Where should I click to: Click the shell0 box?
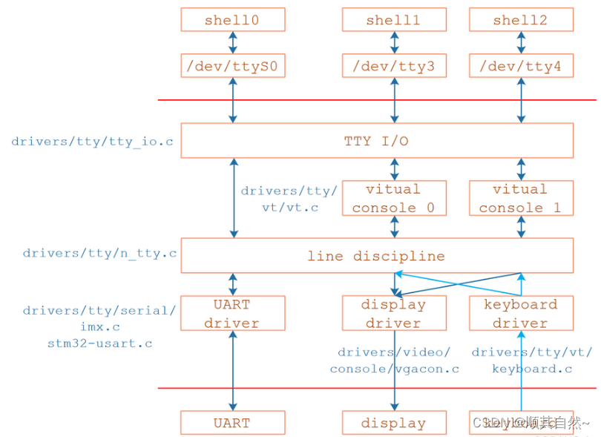(232, 20)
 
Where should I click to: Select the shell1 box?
(393, 20)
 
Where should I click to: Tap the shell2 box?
(520, 20)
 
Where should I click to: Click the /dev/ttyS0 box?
(232, 66)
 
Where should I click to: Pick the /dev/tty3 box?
(393, 66)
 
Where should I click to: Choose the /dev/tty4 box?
(520, 66)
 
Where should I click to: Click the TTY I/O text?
(376, 141)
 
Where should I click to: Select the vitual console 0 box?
(393, 198)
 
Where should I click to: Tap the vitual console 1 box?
(520, 198)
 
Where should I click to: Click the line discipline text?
(376, 256)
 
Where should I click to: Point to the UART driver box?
(232, 313)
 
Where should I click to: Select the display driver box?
(393, 313)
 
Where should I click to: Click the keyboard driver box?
(520, 313)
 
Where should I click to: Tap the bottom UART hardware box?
(232, 423)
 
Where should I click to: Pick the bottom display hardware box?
(393, 423)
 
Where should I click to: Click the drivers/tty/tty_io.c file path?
(92, 141)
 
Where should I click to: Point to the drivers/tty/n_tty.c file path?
(99, 253)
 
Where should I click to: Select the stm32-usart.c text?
(99, 344)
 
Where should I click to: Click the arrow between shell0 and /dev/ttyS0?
(233, 43)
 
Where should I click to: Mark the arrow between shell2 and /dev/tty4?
(520, 43)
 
